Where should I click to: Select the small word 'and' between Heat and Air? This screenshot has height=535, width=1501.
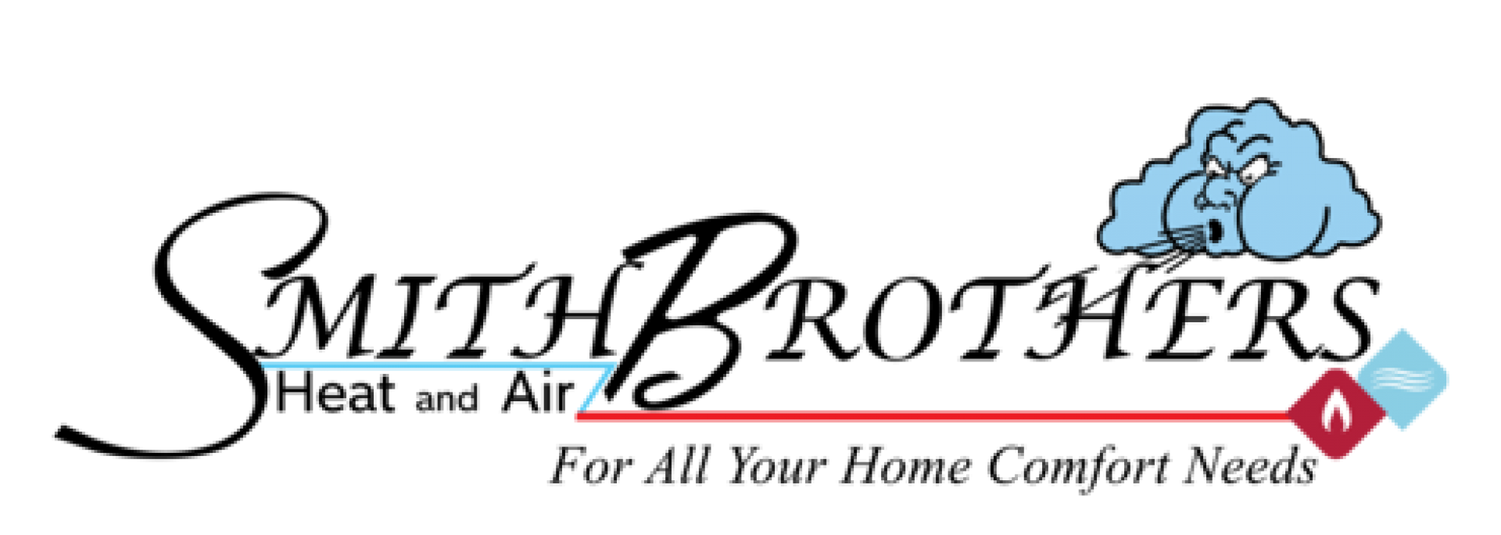coord(446,400)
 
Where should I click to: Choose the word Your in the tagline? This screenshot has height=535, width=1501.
coord(776,468)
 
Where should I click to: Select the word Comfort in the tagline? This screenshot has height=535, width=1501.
coord(1076,468)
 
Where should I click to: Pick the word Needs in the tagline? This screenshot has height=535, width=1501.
coord(1249,466)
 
